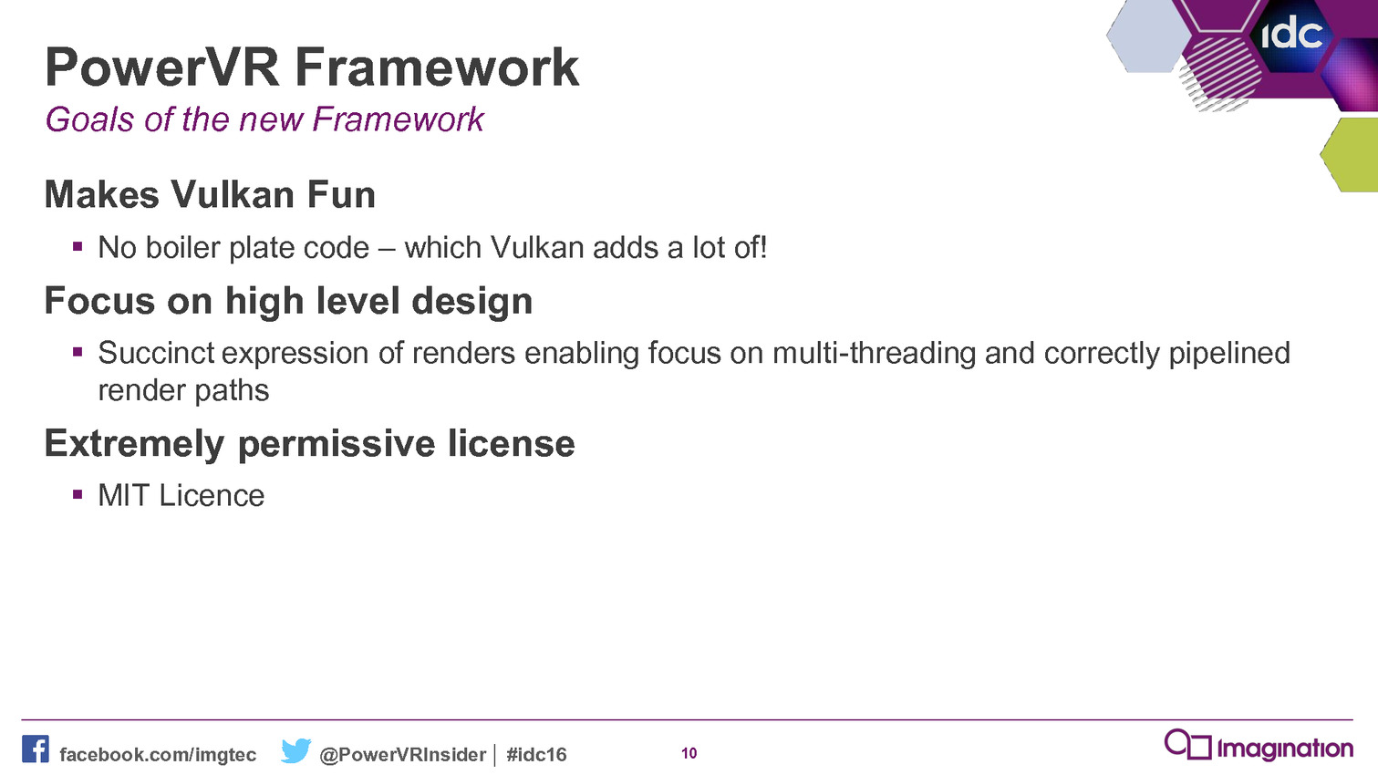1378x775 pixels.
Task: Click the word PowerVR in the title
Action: pos(162,67)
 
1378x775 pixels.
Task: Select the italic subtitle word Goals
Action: pos(89,119)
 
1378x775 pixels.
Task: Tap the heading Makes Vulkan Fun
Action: pos(210,195)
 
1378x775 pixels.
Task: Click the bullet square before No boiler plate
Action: pos(78,247)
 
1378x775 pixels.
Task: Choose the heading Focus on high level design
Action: pos(288,302)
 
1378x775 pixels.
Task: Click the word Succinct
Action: pos(156,353)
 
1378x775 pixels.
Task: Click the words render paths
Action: pos(184,390)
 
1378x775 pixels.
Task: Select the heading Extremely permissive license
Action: pos(309,444)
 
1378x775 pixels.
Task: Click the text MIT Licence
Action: pos(181,496)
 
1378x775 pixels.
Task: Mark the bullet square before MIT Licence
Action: pos(78,494)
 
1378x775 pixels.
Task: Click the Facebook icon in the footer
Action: pos(36,749)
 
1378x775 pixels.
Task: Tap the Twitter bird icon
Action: pos(295,750)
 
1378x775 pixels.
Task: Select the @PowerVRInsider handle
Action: pos(403,755)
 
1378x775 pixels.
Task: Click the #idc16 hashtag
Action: pos(536,755)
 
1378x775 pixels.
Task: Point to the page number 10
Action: pos(689,753)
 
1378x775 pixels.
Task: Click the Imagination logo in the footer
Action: pos(1259,746)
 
